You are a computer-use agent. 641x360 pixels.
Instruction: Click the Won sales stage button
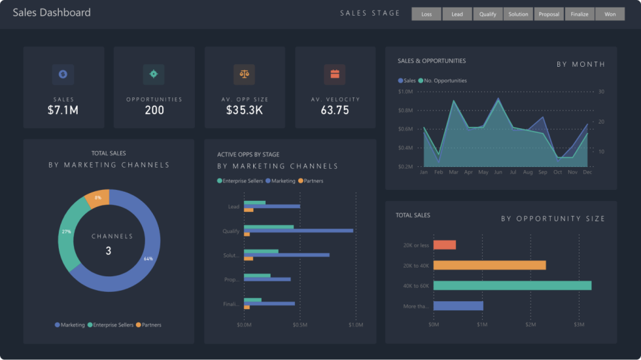coord(610,14)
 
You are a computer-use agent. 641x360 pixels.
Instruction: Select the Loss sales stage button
coord(426,14)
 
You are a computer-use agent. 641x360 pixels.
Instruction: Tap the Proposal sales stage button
coord(548,14)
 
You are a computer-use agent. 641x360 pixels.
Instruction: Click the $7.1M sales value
coord(63,110)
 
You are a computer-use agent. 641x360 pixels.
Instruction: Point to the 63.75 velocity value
coord(335,110)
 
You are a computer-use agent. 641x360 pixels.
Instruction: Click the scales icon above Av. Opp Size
coord(244,74)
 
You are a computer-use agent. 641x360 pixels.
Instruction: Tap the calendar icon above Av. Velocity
coord(335,74)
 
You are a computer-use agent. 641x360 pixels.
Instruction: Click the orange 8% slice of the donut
coord(98,198)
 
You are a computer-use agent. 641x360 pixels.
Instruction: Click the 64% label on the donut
coord(148,259)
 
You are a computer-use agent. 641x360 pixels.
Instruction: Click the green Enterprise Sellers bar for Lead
coord(254,203)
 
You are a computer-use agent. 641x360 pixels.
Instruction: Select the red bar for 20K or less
coord(444,245)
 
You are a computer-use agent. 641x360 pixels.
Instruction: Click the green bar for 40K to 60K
coord(512,285)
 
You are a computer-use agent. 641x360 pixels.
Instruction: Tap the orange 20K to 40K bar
coord(489,265)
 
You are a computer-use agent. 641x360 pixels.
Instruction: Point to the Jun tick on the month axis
coord(498,172)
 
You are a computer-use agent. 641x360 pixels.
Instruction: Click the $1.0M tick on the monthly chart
coord(405,92)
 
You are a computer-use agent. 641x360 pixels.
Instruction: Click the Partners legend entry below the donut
coord(148,325)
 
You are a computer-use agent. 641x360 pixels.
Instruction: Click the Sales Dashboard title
coord(52,12)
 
